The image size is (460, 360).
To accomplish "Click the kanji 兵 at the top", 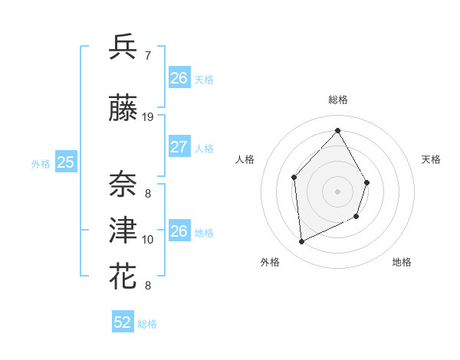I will [123, 47].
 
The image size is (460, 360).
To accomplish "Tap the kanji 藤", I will [123, 110].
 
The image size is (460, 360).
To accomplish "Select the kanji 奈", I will [123, 182].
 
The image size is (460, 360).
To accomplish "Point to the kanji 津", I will [123, 229].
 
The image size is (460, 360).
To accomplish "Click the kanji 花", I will [123, 274].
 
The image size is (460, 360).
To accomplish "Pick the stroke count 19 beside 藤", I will [148, 116].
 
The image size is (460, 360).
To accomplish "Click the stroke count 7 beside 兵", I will [147, 55].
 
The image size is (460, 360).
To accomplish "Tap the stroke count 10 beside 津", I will [148, 240].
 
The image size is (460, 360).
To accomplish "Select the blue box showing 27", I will [179, 147].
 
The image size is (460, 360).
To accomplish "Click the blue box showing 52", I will [123, 322].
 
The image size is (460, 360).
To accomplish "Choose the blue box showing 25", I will [66, 162].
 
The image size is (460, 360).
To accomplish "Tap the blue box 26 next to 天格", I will [179, 77].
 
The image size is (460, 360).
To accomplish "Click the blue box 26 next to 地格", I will [179, 231].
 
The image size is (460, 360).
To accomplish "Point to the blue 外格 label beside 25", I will [41, 163].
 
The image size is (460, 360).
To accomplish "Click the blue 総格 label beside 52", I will [147, 324].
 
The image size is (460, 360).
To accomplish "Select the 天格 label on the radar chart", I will [432, 159].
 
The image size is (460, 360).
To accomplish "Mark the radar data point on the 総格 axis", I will [337, 131].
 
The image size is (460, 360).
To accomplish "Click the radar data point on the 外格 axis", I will [301, 242].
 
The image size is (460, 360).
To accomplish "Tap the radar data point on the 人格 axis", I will [294, 178].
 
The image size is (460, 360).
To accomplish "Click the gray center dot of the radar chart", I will [337, 191].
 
